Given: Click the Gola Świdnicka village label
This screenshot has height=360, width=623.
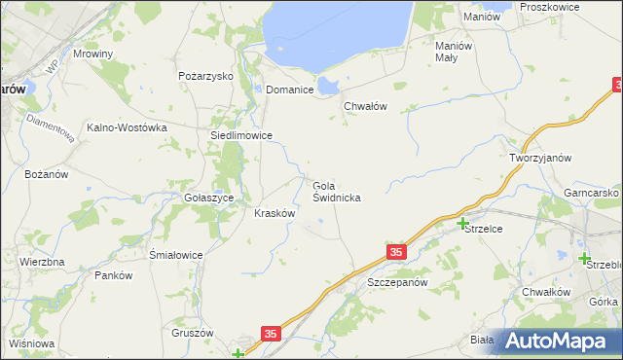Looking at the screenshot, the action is (337, 191).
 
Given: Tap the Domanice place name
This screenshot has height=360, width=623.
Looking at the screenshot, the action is (290, 90).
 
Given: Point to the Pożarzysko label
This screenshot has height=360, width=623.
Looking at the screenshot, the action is (202, 75).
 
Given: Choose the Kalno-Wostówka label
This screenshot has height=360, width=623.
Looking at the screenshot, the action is (128, 127).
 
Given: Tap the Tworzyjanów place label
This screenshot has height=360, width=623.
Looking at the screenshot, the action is (539, 158).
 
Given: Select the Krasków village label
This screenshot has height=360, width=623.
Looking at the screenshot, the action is (275, 213).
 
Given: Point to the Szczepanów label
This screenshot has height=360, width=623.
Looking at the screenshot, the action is (397, 282).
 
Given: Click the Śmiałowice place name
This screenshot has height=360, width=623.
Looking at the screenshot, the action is (175, 255).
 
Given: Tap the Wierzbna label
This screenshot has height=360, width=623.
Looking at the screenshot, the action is (42, 263).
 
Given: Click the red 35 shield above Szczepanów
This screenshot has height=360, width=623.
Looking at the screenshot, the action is (395, 253).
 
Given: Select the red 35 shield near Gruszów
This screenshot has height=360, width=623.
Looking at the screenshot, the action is (271, 334).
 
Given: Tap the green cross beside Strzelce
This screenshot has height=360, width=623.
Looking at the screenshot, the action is (462, 224).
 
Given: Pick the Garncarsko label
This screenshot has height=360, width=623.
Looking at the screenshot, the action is (592, 193).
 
